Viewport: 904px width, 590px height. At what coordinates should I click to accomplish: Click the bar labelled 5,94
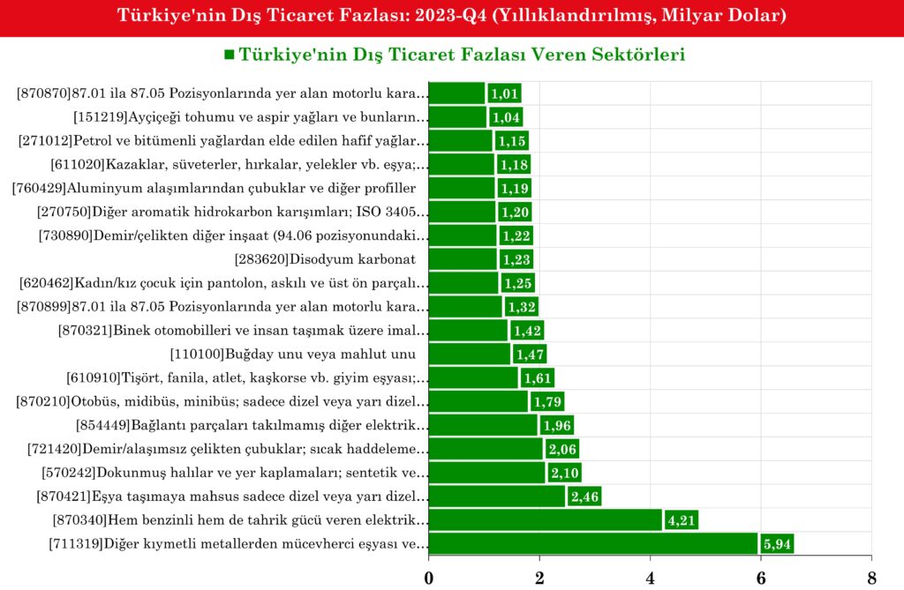[x=592, y=544]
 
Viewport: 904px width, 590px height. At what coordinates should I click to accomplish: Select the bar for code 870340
[x=545, y=520]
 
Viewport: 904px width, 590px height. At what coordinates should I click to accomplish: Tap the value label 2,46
[x=584, y=497]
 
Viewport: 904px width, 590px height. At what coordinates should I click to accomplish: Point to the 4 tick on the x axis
[x=650, y=578]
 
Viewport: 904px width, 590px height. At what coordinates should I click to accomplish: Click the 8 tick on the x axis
[x=871, y=578]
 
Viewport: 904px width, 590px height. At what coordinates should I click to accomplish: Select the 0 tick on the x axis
[x=429, y=578]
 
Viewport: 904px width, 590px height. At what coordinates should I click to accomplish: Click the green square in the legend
[x=230, y=56]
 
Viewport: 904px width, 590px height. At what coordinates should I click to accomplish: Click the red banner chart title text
[x=452, y=16]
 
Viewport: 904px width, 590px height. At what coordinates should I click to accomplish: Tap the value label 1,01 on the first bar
[x=503, y=93]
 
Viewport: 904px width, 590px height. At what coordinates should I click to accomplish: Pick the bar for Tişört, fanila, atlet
[x=473, y=377]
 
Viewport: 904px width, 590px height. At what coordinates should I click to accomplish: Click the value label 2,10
[x=563, y=473]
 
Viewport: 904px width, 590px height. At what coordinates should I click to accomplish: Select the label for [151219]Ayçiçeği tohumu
[x=251, y=117]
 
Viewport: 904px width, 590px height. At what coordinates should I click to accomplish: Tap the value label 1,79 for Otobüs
[x=546, y=402]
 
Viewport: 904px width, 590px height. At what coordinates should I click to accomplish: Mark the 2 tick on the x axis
[x=539, y=578]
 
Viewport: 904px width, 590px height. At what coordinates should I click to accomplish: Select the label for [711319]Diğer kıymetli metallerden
[x=238, y=544]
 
